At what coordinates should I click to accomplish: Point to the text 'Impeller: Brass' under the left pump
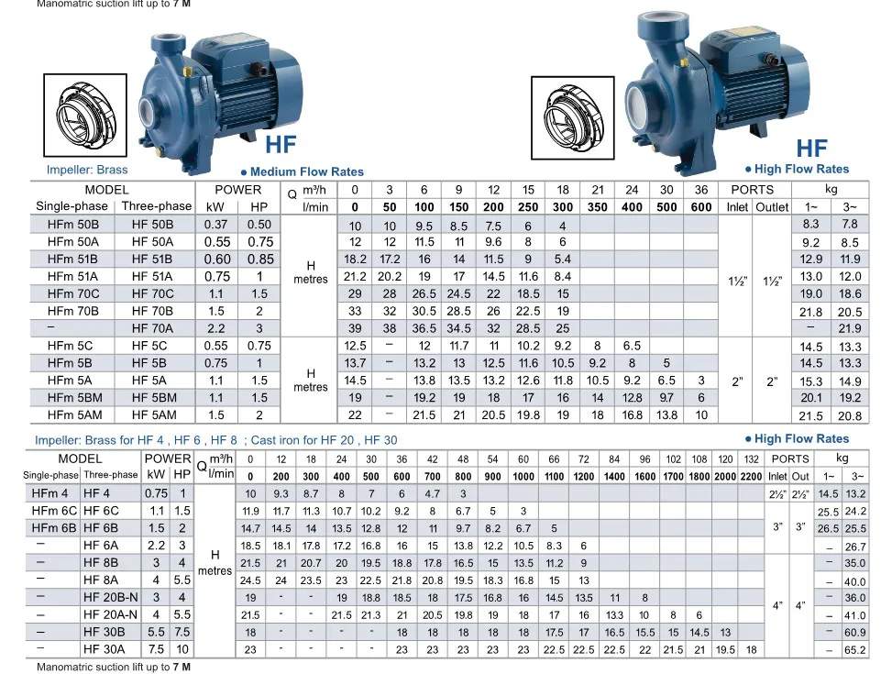(x=87, y=170)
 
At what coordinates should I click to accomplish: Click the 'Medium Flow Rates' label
(x=306, y=171)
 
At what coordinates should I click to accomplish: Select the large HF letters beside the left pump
(x=281, y=146)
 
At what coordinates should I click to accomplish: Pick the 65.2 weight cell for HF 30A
(x=854, y=650)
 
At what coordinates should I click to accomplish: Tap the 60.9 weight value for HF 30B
(x=854, y=633)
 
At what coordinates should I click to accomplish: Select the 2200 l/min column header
(x=750, y=476)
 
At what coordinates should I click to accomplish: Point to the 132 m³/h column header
(x=750, y=459)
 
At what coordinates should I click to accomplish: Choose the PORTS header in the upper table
(x=752, y=190)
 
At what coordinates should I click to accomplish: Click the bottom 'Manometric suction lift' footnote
(x=114, y=668)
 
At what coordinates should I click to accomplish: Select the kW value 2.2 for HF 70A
(x=216, y=328)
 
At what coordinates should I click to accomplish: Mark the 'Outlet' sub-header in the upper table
(x=772, y=207)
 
